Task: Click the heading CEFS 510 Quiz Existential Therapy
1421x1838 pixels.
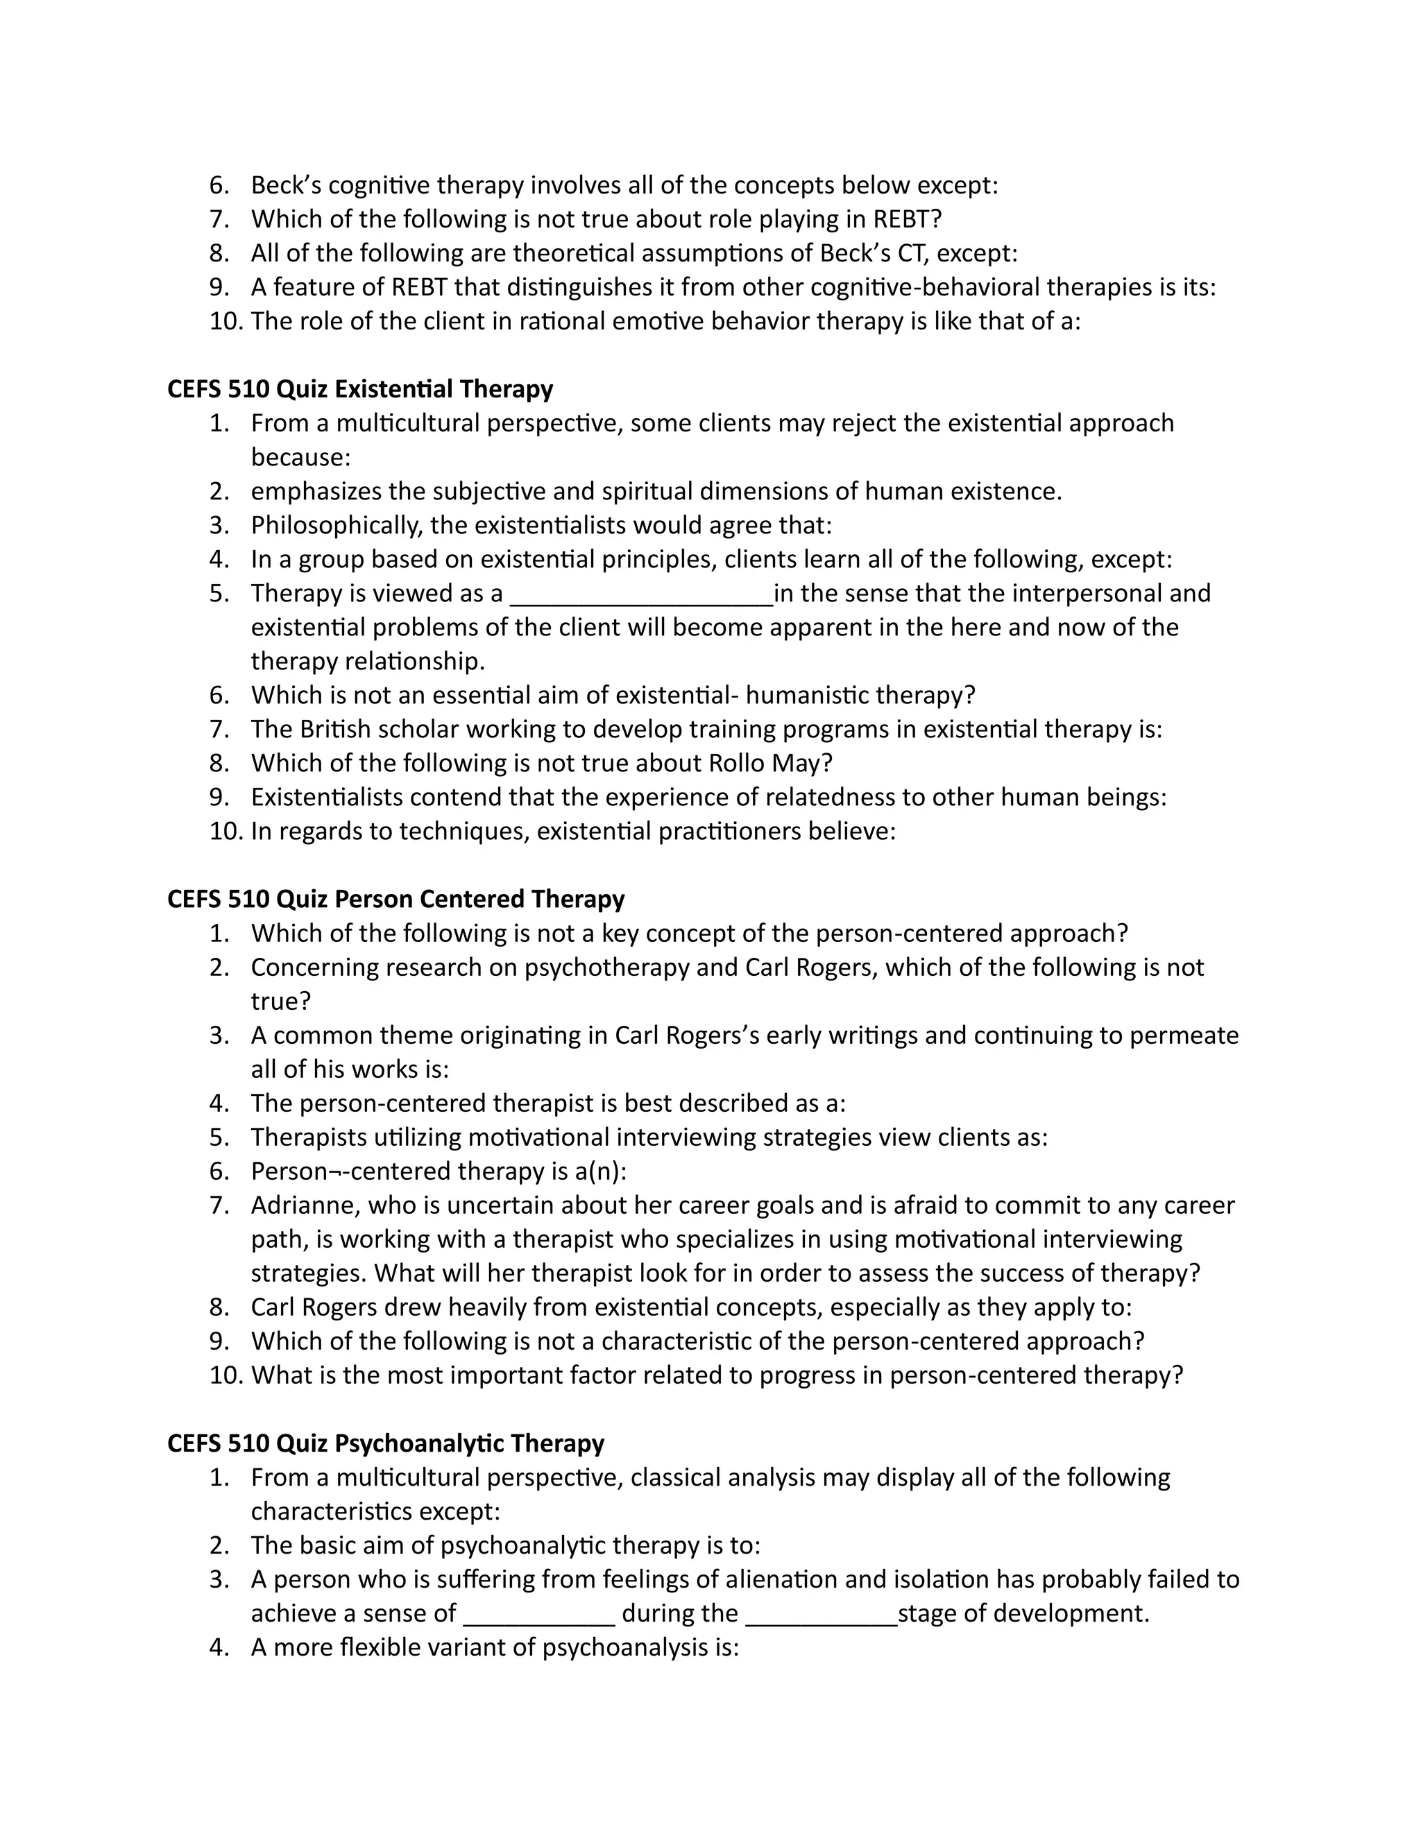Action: click(x=360, y=389)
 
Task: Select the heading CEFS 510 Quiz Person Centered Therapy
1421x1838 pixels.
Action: click(x=395, y=899)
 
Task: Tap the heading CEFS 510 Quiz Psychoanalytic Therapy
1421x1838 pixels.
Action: click(x=386, y=1443)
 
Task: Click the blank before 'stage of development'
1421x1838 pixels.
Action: click(x=822, y=1614)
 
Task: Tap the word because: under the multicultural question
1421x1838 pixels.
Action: click(x=300, y=457)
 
